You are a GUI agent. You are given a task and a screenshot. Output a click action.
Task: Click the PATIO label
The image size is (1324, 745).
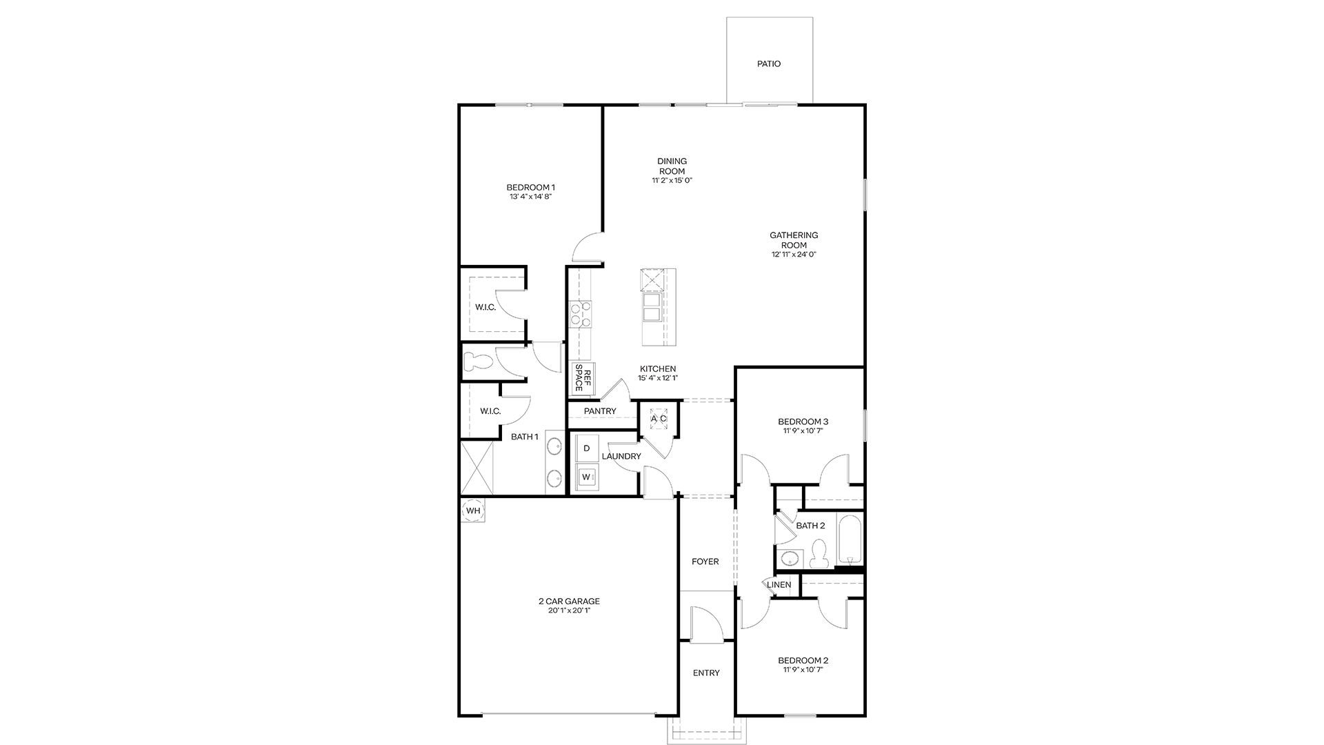pyautogui.click(x=769, y=64)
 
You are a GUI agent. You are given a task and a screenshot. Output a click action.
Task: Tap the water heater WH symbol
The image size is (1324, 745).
pyautogui.click(x=473, y=510)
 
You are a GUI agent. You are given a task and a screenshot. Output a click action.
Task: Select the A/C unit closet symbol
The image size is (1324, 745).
pyautogui.click(x=659, y=418)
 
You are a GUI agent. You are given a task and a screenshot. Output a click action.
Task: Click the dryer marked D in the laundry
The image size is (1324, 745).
pyautogui.click(x=587, y=448)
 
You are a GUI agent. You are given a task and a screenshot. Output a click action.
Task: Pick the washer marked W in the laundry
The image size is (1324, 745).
pyautogui.click(x=587, y=477)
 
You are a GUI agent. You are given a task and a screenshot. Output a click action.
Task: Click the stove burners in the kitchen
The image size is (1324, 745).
pyautogui.click(x=580, y=314)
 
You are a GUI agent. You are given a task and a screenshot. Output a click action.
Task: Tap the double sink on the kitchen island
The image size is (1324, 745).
pyautogui.click(x=652, y=307)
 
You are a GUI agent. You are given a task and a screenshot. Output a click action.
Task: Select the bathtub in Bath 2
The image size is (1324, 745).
pyautogui.click(x=850, y=540)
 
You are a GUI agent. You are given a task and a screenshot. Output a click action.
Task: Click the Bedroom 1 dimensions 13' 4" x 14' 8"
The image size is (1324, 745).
pyautogui.click(x=531, y=197)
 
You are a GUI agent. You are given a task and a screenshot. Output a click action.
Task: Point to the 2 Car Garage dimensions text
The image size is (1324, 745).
pyautogui.click(x=569, y=610)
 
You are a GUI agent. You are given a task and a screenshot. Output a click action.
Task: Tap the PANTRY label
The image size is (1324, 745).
pyautogui.click(x=600, y=411)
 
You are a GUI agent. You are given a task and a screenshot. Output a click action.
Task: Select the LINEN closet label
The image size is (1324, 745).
pyautogui.click(x=779, y=585)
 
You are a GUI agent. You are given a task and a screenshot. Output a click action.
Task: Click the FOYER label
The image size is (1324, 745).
pyautogui.click(x=705, y=562)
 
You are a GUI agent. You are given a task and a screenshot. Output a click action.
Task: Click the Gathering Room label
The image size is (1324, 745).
pyautogui.click(x=794, y=240)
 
